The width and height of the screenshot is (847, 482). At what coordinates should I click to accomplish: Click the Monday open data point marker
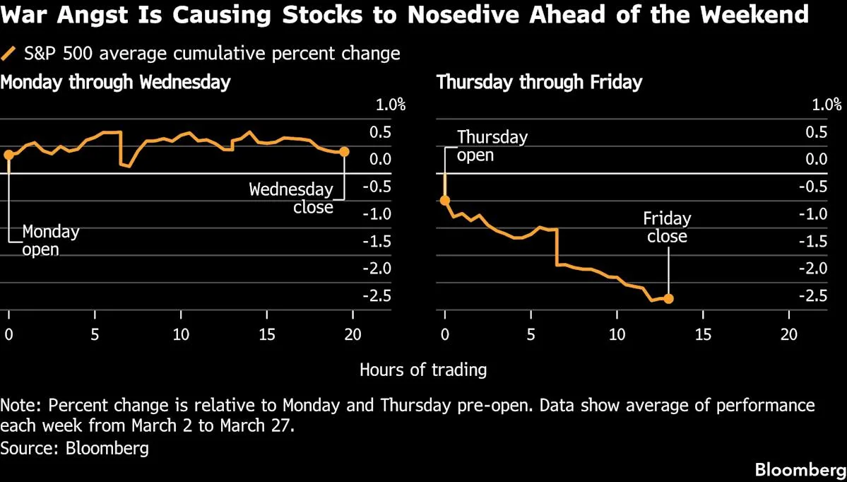(8, 155)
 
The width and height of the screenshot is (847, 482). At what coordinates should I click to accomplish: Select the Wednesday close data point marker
(344, 152)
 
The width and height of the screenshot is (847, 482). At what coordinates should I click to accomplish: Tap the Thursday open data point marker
(445, 200)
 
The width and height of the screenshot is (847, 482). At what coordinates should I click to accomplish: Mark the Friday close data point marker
(668, 298)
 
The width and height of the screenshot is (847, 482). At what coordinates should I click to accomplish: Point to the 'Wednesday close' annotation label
(291, 199)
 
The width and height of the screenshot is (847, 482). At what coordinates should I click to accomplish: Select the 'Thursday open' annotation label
(492, 146)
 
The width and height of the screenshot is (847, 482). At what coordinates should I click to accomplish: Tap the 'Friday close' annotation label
(667, 227)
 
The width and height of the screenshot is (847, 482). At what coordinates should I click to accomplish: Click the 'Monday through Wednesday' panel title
(116, 82)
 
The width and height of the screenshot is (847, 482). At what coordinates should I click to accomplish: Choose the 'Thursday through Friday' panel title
(540, 82)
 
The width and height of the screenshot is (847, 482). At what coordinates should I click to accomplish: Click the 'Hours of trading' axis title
(423, 369)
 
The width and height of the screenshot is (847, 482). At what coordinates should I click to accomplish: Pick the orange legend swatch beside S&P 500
(9, 54)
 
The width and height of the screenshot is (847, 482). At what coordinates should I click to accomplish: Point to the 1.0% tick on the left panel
(390, 105)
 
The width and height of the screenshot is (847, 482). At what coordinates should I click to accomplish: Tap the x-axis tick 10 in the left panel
(181, 334)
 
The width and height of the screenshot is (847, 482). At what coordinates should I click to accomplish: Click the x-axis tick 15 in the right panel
(704, 334)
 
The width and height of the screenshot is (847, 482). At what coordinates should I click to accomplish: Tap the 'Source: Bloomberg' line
(75, 447)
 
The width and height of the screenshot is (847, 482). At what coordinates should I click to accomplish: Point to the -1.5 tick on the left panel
(387, 241)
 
